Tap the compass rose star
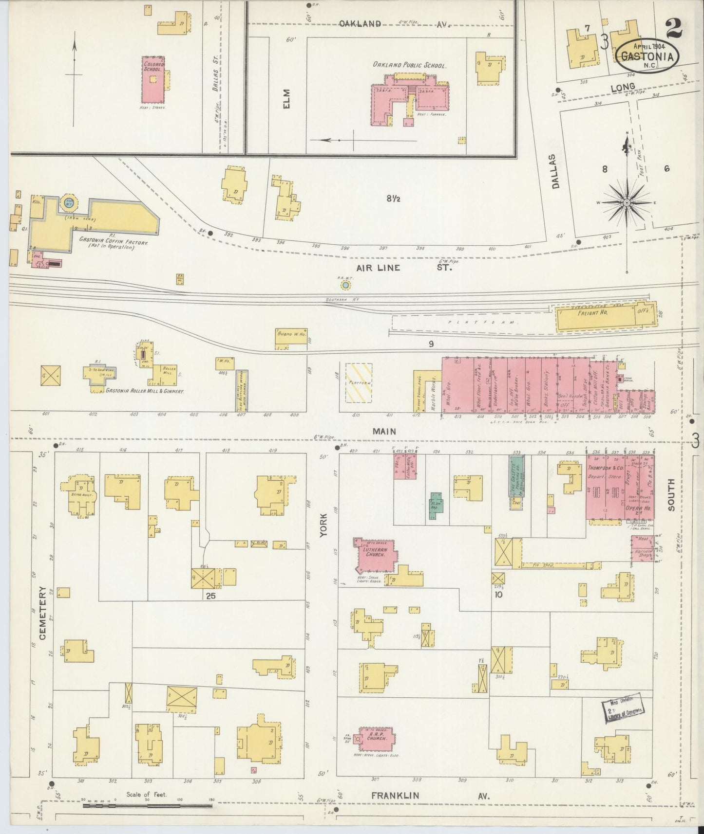click(x=627, y=202)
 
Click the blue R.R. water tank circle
click(x=345, y=284)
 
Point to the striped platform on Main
click(x=359, y=382)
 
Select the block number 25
click(x=210, y=595)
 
